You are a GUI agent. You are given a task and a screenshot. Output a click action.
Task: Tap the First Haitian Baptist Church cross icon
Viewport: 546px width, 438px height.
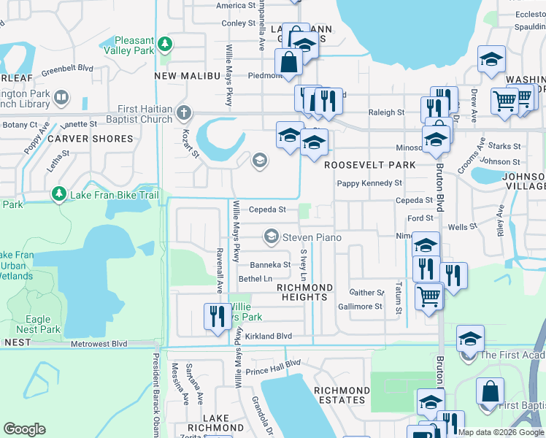point(183,114)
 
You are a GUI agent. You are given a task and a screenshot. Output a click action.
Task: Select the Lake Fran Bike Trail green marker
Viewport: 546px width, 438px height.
point(58,194)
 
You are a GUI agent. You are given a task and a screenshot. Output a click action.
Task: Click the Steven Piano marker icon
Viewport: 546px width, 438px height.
point(272,237)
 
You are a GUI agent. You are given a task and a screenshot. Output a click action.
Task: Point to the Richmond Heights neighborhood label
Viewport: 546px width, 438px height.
point(304,292)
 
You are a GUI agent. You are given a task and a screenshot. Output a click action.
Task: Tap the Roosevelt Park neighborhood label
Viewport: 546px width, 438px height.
point(369,165)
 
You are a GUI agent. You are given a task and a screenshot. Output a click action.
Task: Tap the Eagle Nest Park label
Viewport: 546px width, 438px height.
point(38,324)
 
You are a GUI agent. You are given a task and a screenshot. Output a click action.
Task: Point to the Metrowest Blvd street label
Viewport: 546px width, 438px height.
point(99,344)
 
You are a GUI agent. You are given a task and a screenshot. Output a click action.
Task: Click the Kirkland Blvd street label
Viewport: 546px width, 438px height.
point(268,337)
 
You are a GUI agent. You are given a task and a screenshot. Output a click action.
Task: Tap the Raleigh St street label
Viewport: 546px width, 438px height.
point(385,112)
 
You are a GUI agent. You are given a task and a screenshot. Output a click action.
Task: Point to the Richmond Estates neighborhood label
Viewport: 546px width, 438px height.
point(340,396)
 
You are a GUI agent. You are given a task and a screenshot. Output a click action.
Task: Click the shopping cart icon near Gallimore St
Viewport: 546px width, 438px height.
point(428,297)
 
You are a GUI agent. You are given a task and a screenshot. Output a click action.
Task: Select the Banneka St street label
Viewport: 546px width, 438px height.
point(270,265)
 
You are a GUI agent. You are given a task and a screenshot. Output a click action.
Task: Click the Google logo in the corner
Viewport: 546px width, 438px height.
point(25,429)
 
